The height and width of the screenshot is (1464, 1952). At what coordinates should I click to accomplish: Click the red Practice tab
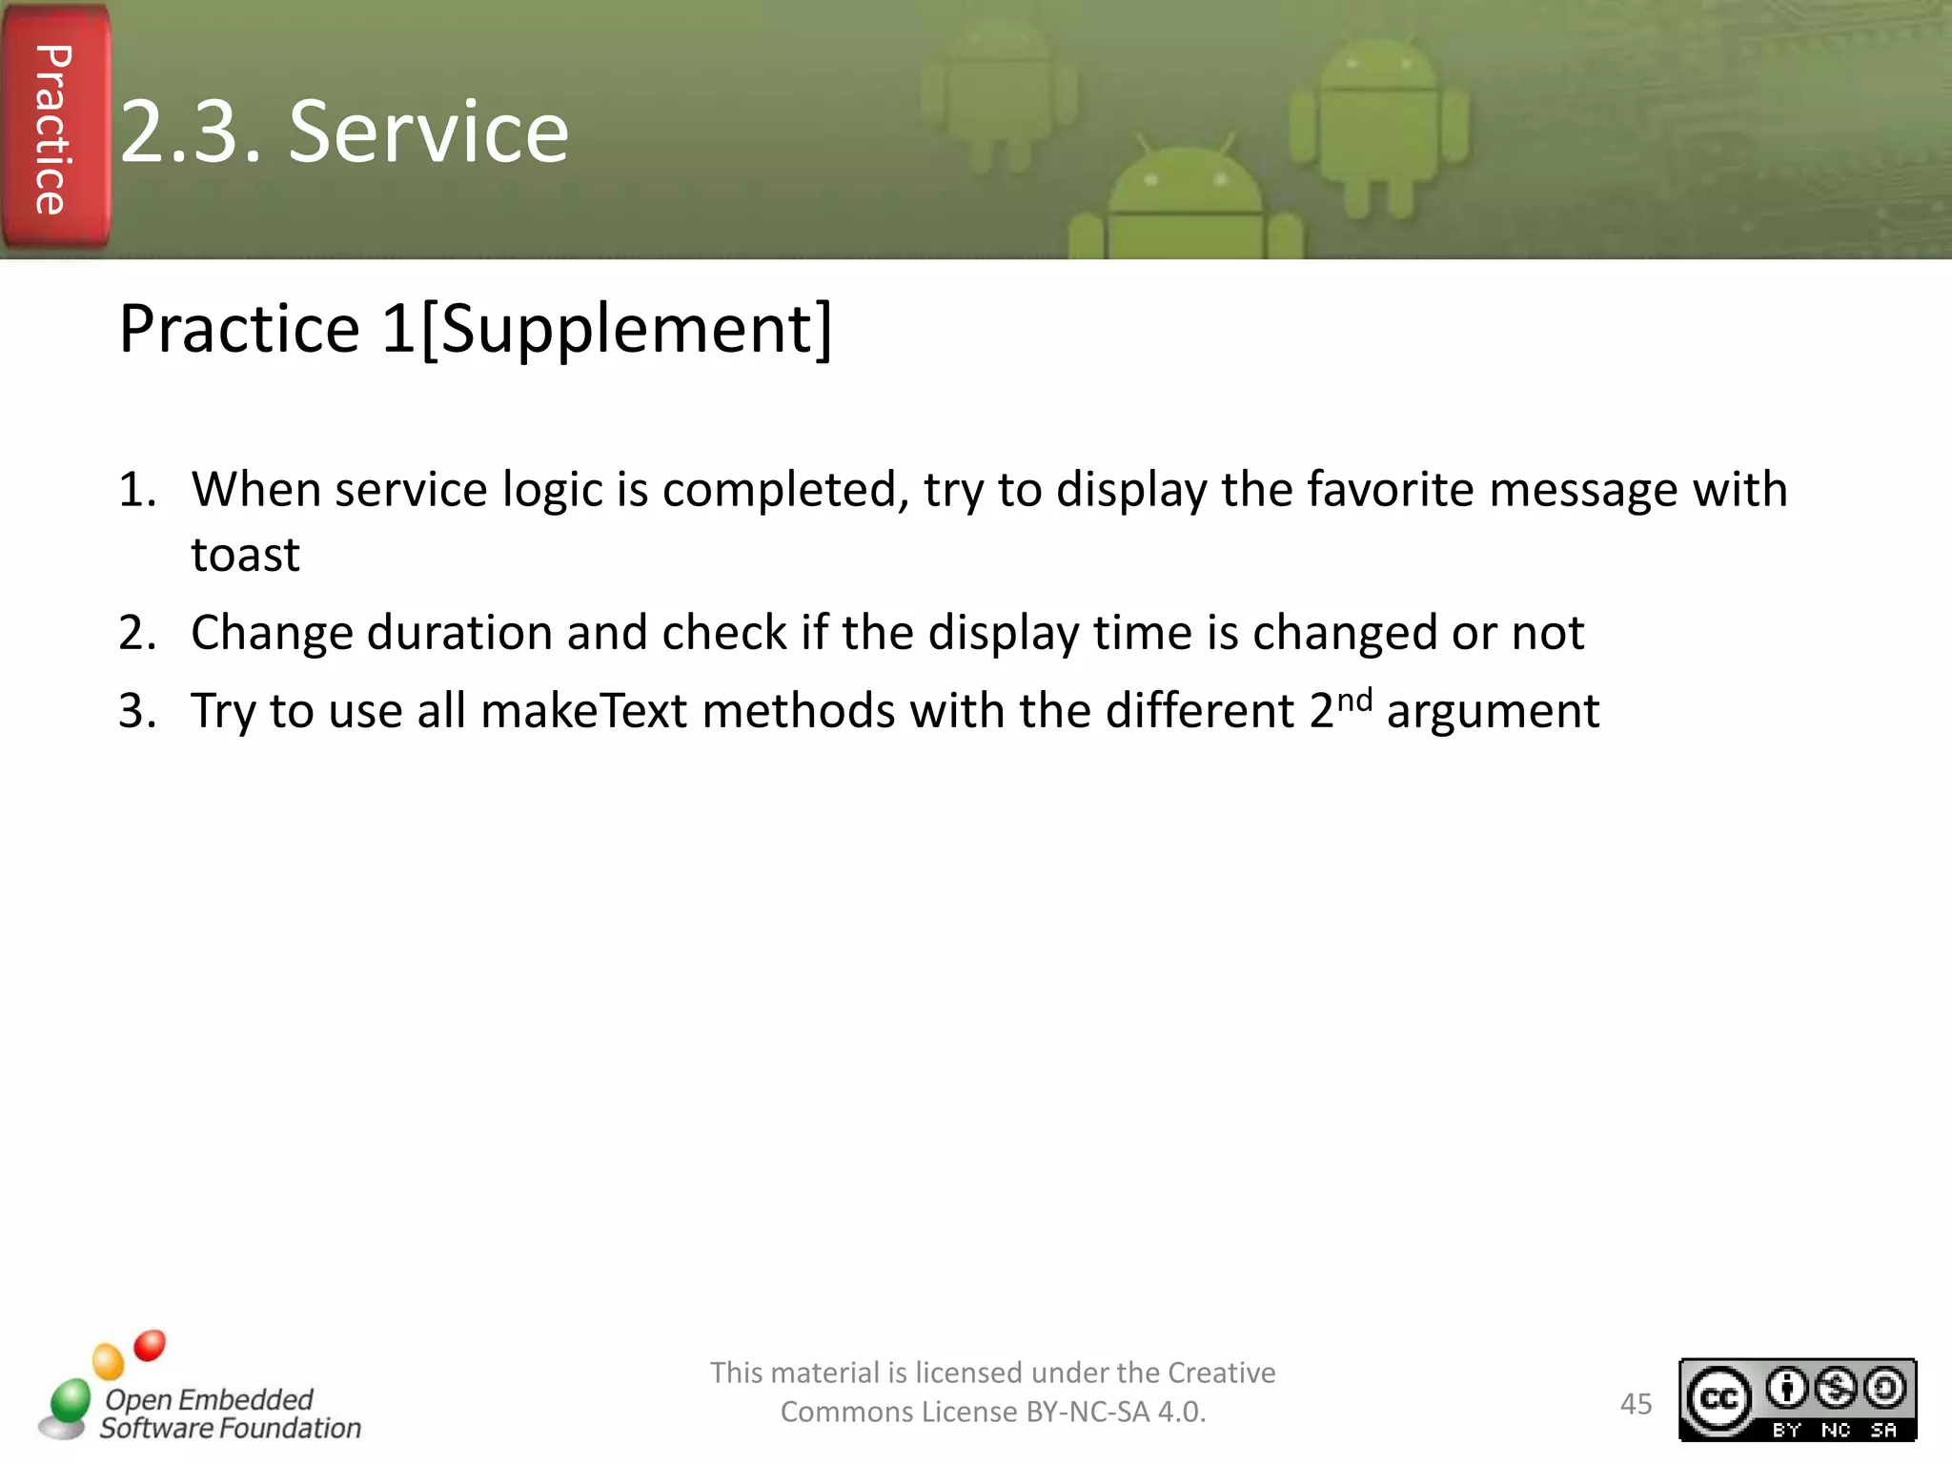(x=55, y=128)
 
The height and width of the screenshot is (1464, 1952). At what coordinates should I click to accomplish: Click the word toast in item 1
(x=245, y=555)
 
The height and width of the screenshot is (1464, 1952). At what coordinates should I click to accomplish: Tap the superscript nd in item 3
(x=1353, y=700)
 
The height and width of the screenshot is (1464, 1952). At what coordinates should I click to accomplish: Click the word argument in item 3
(x=1493, y=711)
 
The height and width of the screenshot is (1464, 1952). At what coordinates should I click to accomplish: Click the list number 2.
(x=136, y=633)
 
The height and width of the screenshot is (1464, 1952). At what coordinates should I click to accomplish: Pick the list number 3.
(x=136, y=711)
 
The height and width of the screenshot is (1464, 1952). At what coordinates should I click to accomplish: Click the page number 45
(x=1636, y=1404)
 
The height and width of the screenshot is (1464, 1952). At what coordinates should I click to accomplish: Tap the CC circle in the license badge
(x=1718, y=1398)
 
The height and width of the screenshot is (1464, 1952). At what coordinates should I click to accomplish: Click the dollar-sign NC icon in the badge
(x=1835, y=1389)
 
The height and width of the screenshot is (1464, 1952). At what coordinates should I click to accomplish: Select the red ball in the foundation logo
(x=150, y=1346)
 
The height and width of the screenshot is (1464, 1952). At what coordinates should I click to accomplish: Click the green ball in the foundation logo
(x=70, y=1401)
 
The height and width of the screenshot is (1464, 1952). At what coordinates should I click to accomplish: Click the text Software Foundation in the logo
(x=231, y=1428)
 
